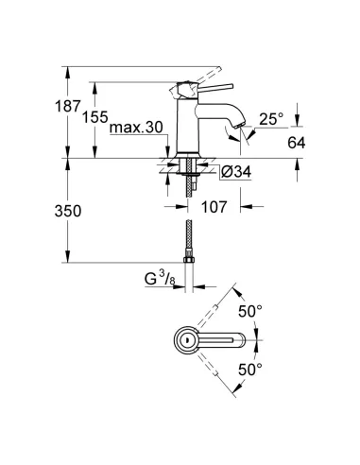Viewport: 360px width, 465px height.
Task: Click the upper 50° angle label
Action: pos(274,310)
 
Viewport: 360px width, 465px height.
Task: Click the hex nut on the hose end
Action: pos(188,260)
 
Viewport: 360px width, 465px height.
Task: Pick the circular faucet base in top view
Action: pos(186,340)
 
